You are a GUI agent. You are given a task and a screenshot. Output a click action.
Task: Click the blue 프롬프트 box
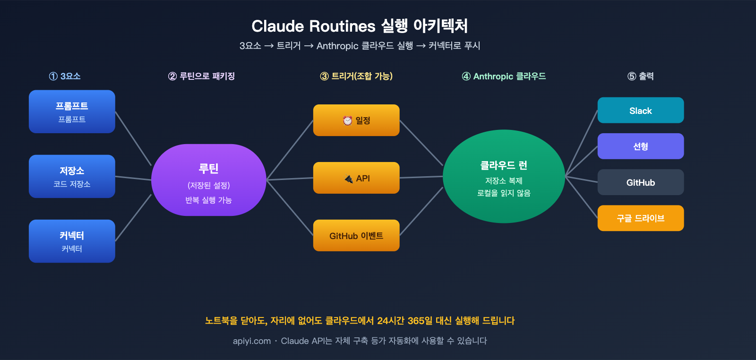(72, 111)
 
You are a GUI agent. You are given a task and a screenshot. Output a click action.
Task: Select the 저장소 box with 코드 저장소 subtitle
(72, 176)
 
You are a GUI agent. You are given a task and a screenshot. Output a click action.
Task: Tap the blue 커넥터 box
(72, 241)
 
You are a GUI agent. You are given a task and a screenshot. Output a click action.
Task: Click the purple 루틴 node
(208, 180)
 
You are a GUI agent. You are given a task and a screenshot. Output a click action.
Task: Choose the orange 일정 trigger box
(356, 120)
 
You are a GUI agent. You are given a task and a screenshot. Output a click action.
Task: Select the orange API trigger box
(356, 178)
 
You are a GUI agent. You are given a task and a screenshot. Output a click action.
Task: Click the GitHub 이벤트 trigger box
(356, 235)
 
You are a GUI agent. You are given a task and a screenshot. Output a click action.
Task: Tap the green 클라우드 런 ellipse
(504, 177)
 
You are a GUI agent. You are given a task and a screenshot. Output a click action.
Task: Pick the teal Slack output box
(640, 111)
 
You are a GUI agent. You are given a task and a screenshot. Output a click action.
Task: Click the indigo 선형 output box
(640, 146)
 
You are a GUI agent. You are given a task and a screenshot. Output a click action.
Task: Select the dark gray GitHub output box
(640, 182)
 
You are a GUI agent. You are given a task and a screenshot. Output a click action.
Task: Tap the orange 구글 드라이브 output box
(640, 218)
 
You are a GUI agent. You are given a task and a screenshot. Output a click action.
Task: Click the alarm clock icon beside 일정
(348, 120)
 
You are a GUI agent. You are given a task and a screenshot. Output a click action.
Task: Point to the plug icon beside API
(349, 179)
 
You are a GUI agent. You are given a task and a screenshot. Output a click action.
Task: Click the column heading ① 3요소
(65, 76)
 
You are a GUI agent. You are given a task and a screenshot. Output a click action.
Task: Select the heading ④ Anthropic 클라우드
(504, 76)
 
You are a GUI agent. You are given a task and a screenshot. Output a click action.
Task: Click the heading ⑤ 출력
(640, 76)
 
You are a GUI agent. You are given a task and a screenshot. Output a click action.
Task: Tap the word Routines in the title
(343, 26)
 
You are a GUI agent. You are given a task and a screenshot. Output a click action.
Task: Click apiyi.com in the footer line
(251, 341)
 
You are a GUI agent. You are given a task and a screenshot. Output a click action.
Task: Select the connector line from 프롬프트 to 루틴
(133, 138)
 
